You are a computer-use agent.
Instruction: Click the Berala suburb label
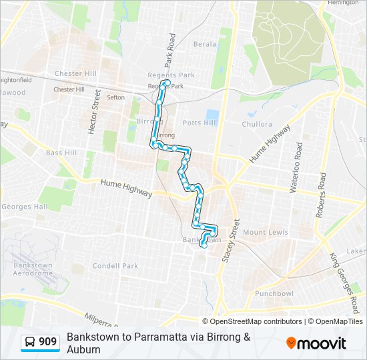click(x=204, y=44)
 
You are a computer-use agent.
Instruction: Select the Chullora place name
click(x=257, y=124)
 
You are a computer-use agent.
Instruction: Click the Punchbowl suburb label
click(x=274, y=293)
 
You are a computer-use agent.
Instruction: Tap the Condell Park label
click(x=115, y=266)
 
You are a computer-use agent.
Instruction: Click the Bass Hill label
click(x=61, y=153)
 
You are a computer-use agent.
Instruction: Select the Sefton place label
click(x=115, y=97)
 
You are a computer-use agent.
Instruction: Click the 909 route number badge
click(x=47, y=342)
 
